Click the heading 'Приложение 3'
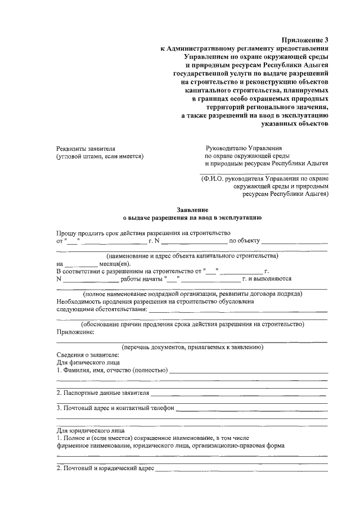(304, 39)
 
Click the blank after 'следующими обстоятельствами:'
(238, 310)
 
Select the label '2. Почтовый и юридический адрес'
(105, 467)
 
